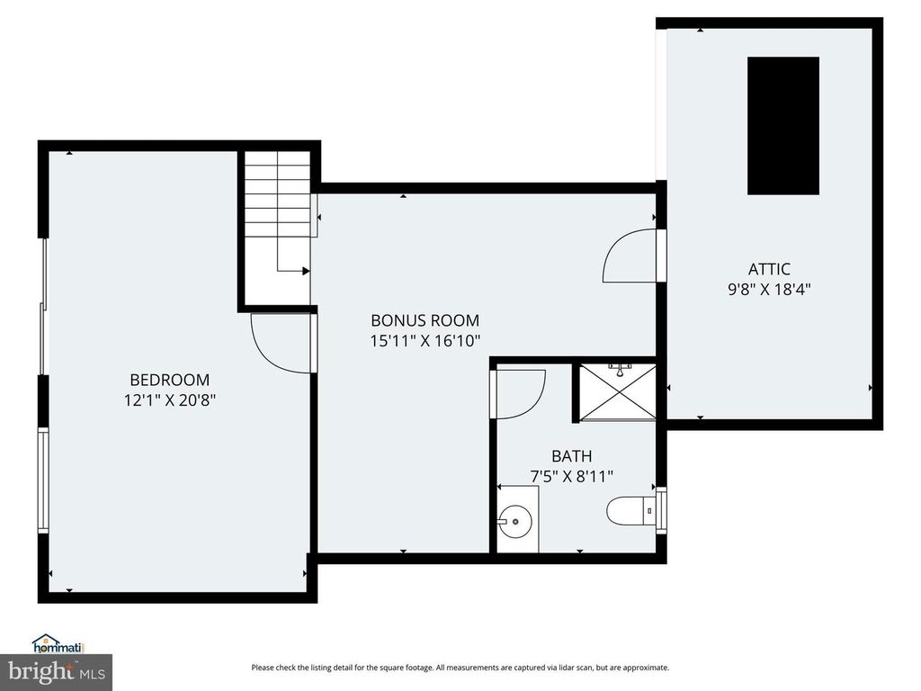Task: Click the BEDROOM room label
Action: pyautogui.click(x=169, y=380)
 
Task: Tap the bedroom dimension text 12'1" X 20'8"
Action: pyautogui.click(x=169, y=399)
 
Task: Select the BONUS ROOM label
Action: pyautogui.click(x=425, y=320)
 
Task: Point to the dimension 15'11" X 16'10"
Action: pyautogui.click(x=425, y=340)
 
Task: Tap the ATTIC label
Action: pyautogui.click(x=769, y=268)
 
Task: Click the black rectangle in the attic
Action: pyautogui.click(x=782, y=125)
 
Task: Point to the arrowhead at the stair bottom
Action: pyautogui.click(x=306, y=270)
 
